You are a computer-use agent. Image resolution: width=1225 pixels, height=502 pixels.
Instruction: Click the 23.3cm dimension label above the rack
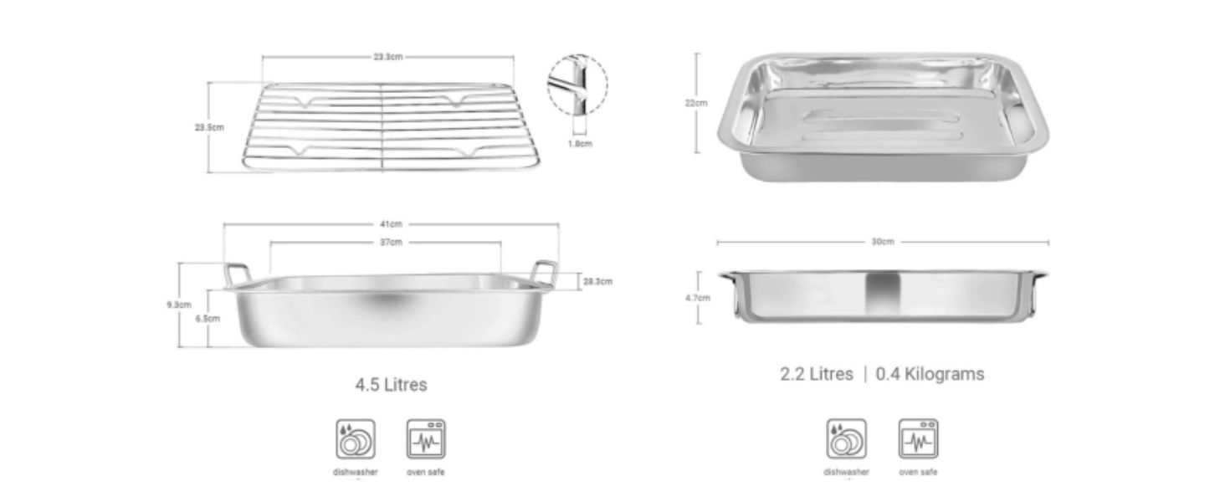388,57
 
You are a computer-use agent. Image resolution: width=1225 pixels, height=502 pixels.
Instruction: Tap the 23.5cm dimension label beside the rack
208,127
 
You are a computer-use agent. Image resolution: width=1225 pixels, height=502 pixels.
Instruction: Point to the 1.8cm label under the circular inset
581,143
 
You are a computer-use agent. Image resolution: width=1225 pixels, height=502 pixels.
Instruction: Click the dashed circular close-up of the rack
577,84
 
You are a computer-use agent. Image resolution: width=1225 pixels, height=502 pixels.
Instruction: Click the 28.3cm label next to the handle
597,281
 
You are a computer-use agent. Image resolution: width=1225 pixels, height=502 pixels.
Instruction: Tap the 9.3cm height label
179,305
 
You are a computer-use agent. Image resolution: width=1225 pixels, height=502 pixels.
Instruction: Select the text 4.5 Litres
391,385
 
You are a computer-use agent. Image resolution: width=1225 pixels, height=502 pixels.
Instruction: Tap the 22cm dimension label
695,103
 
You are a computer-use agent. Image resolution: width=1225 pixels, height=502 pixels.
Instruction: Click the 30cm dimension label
883,242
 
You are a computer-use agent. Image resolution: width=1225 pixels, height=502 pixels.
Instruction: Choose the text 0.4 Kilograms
930,374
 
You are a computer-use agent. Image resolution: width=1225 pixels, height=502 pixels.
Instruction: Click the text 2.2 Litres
817,374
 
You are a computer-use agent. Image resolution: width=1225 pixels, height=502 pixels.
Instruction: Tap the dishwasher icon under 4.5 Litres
356,438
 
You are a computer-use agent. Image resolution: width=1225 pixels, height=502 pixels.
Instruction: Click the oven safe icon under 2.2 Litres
918,438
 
